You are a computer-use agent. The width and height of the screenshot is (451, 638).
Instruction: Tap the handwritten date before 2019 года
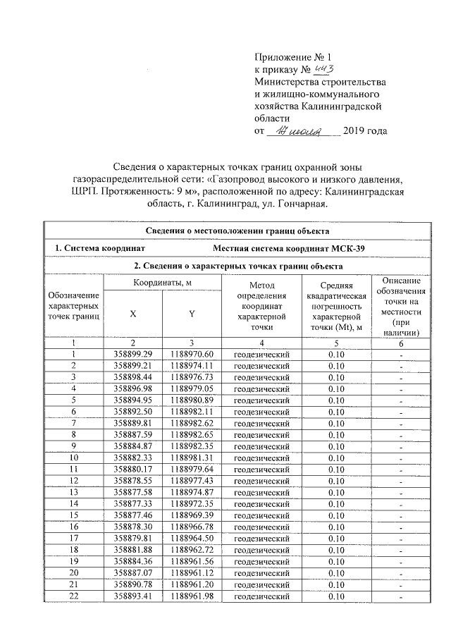[301, 131]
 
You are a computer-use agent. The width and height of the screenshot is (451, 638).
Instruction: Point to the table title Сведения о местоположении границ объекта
[237, 231]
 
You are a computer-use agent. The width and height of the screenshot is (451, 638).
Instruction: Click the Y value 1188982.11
[191, 411]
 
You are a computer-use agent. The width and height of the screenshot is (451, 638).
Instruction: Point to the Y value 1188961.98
[191, 597]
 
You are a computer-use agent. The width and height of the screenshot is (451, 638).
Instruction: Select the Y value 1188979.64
[191, 470]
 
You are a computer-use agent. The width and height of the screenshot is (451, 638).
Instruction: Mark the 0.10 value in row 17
[336, 539]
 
